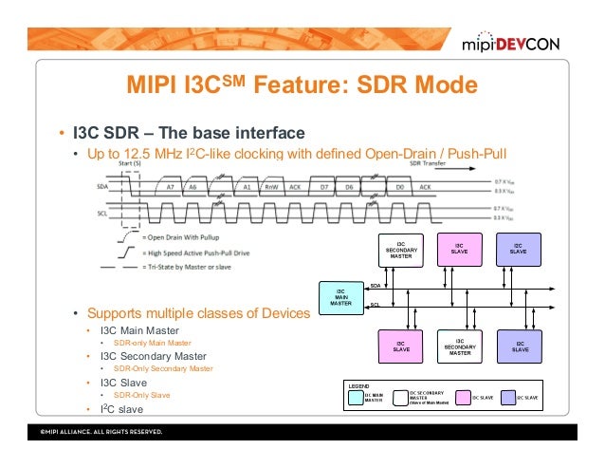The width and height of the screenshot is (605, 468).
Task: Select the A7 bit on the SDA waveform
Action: [x=170, y=189]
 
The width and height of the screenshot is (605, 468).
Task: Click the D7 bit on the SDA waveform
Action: [x=322, y=189]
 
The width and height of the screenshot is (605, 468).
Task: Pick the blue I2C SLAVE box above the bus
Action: [x=519, y=249]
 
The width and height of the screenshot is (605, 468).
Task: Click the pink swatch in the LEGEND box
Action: [x=465, y=398]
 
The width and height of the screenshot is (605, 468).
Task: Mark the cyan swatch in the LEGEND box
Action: [x=356, y=398]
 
